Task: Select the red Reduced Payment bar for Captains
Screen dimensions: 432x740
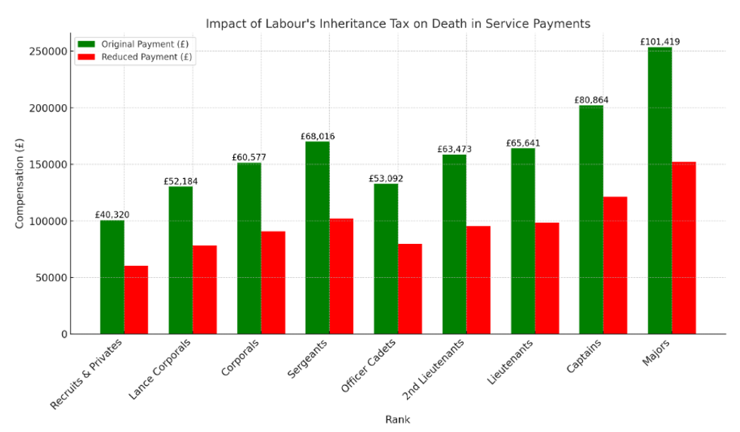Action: click(x=615, y=265)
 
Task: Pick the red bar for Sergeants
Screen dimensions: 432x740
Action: click(x=341, y=276)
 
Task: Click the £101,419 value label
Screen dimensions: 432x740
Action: click(x=659, y=42)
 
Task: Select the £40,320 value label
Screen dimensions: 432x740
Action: click(x=112, y=214)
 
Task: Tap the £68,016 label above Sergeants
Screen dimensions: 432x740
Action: click(x=317, y=137)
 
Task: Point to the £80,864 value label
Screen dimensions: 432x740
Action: click(x=590, y=100)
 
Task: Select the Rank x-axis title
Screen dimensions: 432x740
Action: click(x=397, y=419)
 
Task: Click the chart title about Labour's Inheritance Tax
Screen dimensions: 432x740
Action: click(x=398, y=23)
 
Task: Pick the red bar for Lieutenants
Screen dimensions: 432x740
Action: click(x=547, y=278)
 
